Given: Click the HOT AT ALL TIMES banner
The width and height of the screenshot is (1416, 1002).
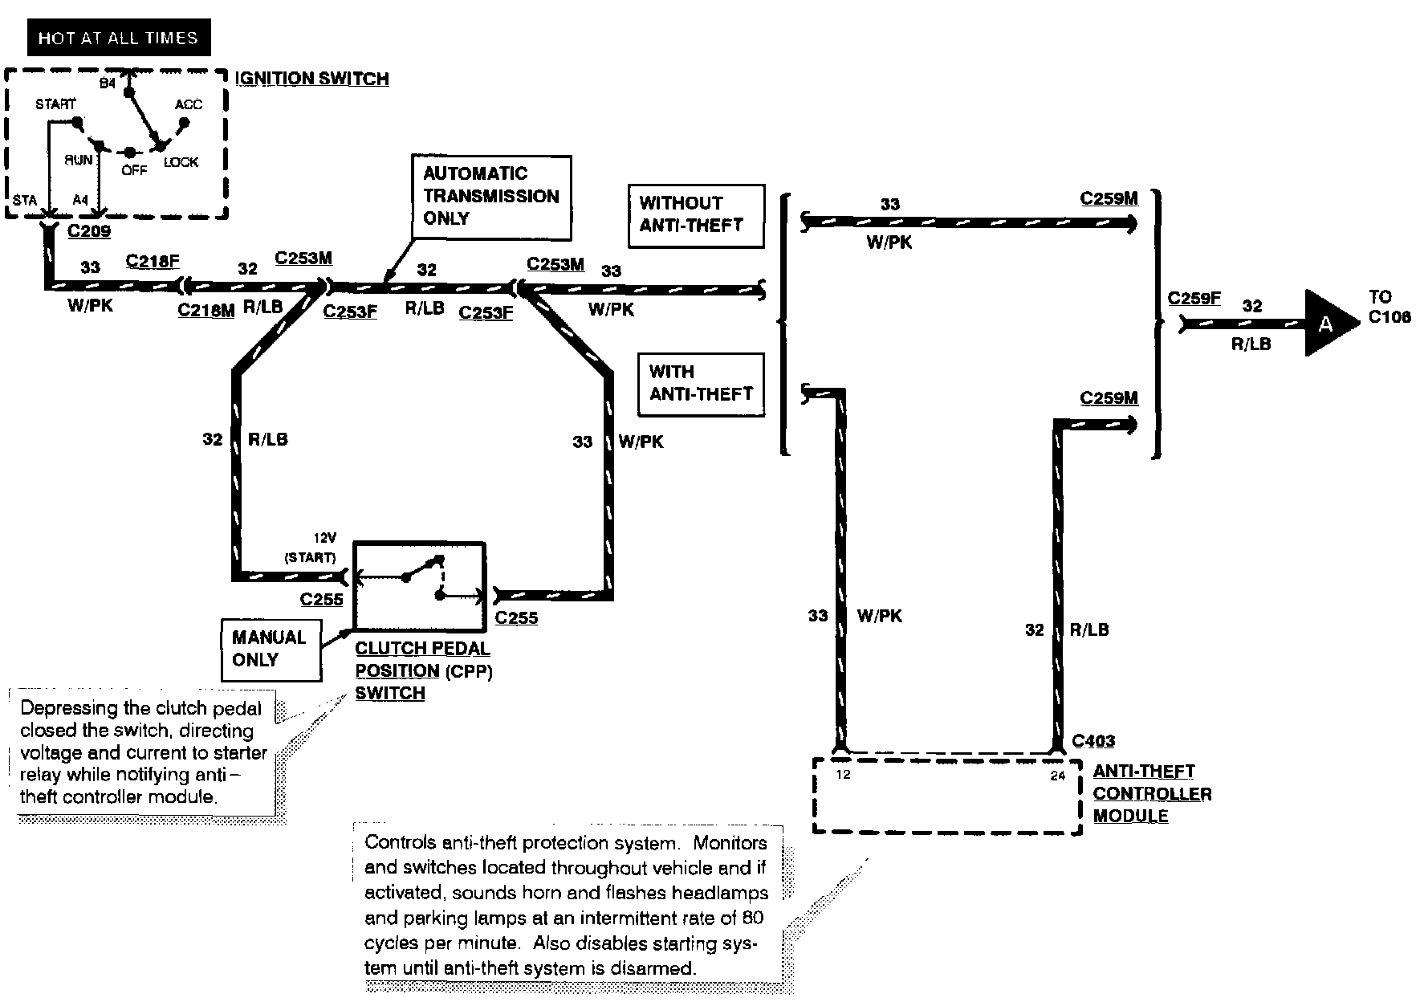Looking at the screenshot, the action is (118, 38).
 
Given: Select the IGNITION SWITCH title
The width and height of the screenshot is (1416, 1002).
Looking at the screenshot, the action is (313, 79).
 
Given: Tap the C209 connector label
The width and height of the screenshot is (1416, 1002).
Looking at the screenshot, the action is (89, 231).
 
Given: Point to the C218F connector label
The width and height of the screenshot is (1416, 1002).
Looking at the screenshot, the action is (153, 261).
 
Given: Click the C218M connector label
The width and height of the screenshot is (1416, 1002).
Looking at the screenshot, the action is (206, 310).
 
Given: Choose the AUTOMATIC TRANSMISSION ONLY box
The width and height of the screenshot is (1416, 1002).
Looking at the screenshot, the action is (491, 197).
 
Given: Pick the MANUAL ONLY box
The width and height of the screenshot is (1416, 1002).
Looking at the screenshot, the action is (271, 650).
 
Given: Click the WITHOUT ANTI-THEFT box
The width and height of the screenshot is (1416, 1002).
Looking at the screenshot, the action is (695, 216).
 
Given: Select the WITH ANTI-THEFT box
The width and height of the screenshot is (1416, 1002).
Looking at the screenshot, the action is (701, 385).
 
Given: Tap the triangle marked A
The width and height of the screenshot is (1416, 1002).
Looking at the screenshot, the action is (1329, 323).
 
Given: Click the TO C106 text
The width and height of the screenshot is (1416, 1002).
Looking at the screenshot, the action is (1390, 307).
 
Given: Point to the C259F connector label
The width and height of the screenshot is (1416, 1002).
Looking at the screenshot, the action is (1194, 299).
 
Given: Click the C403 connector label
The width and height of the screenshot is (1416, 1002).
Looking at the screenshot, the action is (1093, 741).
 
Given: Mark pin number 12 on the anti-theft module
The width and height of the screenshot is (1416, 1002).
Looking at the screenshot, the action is (843, 775).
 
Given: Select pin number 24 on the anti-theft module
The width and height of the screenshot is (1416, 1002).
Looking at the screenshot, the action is (1058, 776).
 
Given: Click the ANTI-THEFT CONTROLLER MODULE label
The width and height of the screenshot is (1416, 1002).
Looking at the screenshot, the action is (1152, 793).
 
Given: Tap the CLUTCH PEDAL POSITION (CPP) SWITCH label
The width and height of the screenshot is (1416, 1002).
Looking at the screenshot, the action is (423, 670).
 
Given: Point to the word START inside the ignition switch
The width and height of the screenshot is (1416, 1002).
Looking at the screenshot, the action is (55, 104).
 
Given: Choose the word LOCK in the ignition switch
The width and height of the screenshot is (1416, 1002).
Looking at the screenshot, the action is (181, 162).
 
